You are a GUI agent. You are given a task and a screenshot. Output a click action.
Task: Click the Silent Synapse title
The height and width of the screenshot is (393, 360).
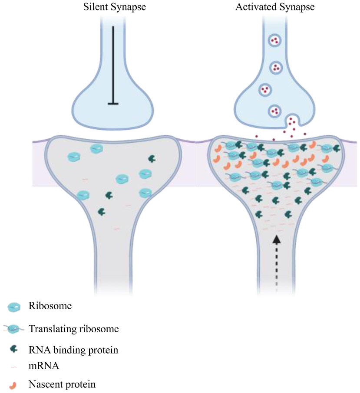coord(114,7)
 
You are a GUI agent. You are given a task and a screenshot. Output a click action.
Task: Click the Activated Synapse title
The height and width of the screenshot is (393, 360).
coord(275,7)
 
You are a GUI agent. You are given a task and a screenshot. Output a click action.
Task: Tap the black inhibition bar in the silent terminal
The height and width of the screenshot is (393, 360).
coord(113,65)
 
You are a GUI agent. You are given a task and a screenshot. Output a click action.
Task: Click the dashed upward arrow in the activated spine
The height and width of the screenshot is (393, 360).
coord(276,263)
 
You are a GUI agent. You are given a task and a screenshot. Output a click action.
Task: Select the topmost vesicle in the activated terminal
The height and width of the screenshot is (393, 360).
coord(274,40)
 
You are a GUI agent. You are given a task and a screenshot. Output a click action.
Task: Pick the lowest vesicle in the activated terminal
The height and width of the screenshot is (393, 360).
coord(274,111)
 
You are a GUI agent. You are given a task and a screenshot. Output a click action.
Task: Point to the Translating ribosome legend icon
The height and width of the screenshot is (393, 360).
coord(14,329)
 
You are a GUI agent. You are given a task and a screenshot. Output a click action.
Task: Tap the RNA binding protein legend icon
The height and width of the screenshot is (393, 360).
coord(13,349)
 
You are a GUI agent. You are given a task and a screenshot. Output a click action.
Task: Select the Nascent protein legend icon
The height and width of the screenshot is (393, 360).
coord(13,385)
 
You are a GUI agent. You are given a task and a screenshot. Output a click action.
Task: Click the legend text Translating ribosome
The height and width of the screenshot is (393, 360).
coord(74,329)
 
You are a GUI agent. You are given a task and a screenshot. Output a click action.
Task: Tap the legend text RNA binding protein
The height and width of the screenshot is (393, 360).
coord(73,350)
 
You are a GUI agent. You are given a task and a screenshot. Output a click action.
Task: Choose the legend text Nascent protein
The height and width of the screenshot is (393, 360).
coord(62,384)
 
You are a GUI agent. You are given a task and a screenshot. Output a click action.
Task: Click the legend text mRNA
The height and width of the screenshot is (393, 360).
coord(44,366)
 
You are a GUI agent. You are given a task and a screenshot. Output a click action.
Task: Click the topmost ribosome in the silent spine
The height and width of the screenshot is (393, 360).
coord(96,149)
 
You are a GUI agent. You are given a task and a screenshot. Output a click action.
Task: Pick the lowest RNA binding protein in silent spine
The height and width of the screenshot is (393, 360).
coord(102,212)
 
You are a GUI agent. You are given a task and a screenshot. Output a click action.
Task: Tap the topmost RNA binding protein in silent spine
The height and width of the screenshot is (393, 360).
coord(152,159)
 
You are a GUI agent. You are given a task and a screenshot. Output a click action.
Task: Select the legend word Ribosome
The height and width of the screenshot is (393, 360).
coord(50,306)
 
